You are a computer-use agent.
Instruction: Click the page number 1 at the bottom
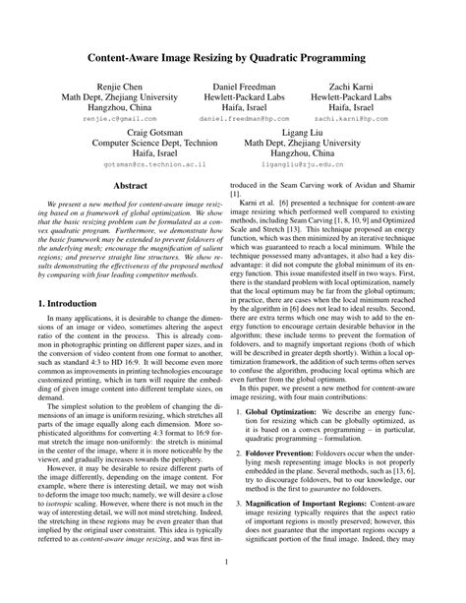233,589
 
